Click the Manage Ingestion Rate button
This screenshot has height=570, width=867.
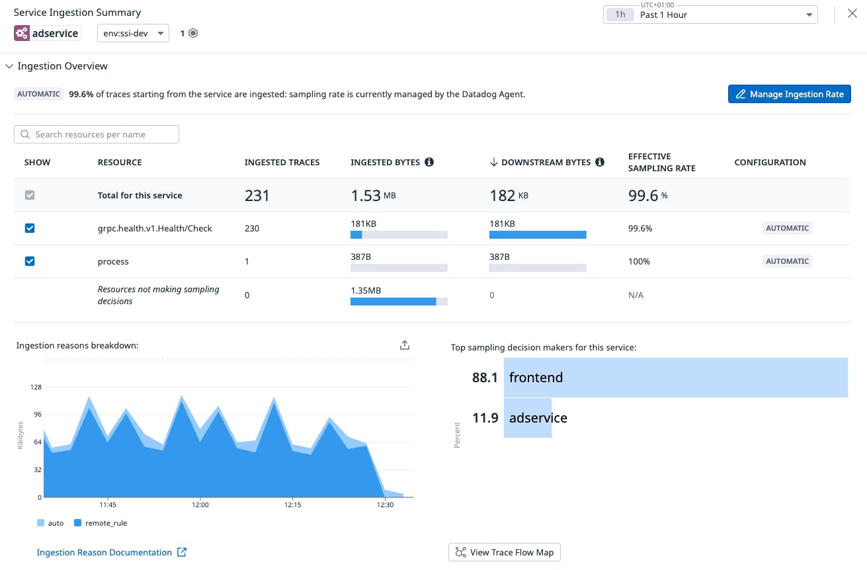coord(789,95)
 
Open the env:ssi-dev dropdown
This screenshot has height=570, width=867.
coord(133,33)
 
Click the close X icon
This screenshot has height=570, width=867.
coord(852,13)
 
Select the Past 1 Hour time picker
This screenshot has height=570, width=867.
coord(710,15)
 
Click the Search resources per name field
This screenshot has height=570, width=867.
coord(97,134)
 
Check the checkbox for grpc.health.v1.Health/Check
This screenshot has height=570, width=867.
coord(30,228)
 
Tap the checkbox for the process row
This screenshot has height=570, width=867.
coord(30,261)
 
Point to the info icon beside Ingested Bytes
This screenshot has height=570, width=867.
coord(429,162)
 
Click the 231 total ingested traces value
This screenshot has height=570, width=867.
coord(257,196)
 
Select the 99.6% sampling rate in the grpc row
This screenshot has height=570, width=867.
coord(640,228)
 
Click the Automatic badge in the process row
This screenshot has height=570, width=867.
coord(787,261)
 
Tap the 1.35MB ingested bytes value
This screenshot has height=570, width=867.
coord(366,290)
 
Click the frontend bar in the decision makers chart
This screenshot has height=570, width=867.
coord(675,378)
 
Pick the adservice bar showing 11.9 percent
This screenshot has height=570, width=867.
coord(528,418)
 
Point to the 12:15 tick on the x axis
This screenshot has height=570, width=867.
coord(292,505)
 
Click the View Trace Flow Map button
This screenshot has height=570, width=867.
coord(504,552)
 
